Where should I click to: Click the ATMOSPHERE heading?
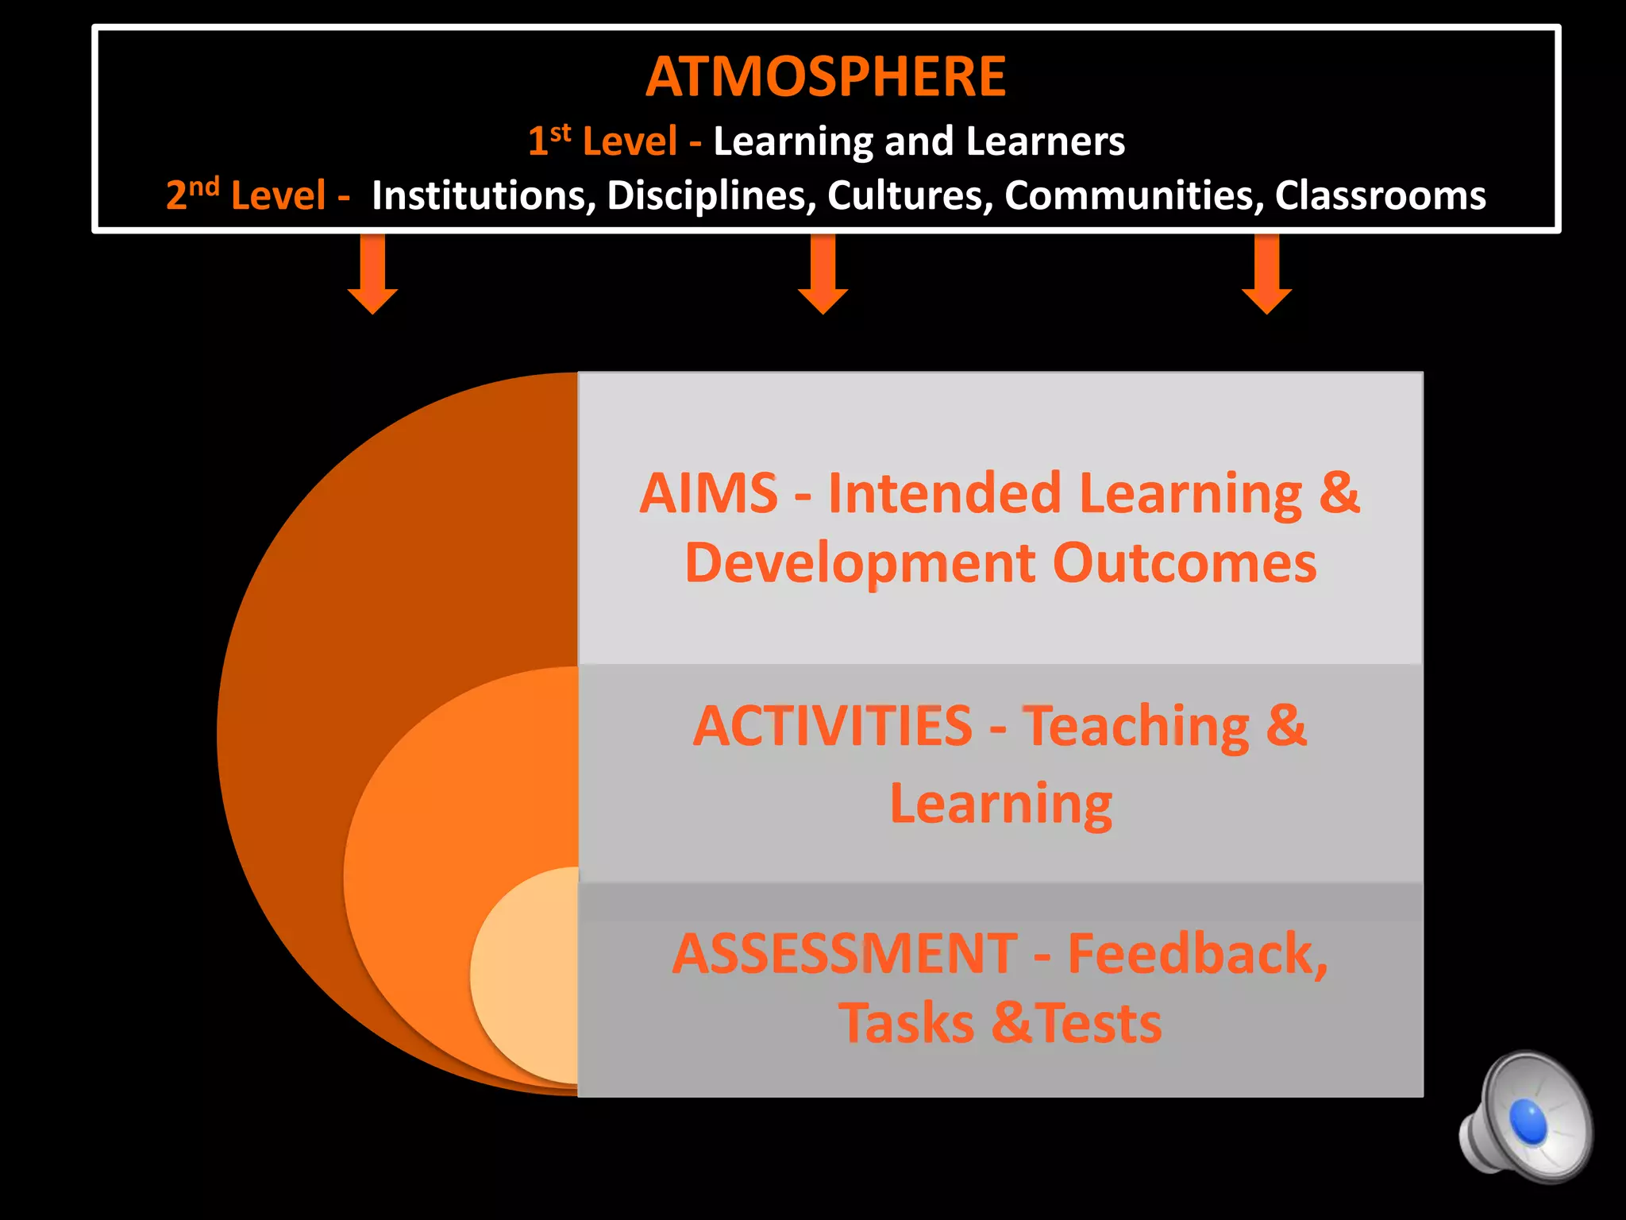coord(826,77)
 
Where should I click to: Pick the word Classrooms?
coord(1380,195)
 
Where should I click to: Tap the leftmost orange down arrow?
coord(372,274)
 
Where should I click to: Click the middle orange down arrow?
coord(823,274)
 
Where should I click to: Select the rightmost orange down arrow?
coord(1267,274)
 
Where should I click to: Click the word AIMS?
coord(708,493)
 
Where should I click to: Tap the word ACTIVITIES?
coord(832,726)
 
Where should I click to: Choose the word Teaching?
coord(1135,726)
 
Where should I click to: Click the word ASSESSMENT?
coord(845,954)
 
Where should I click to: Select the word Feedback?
coord(1196,954)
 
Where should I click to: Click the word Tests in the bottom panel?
coord(1099,1024)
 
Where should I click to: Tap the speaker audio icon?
coord(1525,1118)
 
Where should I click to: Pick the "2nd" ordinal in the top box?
coord(192,194)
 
